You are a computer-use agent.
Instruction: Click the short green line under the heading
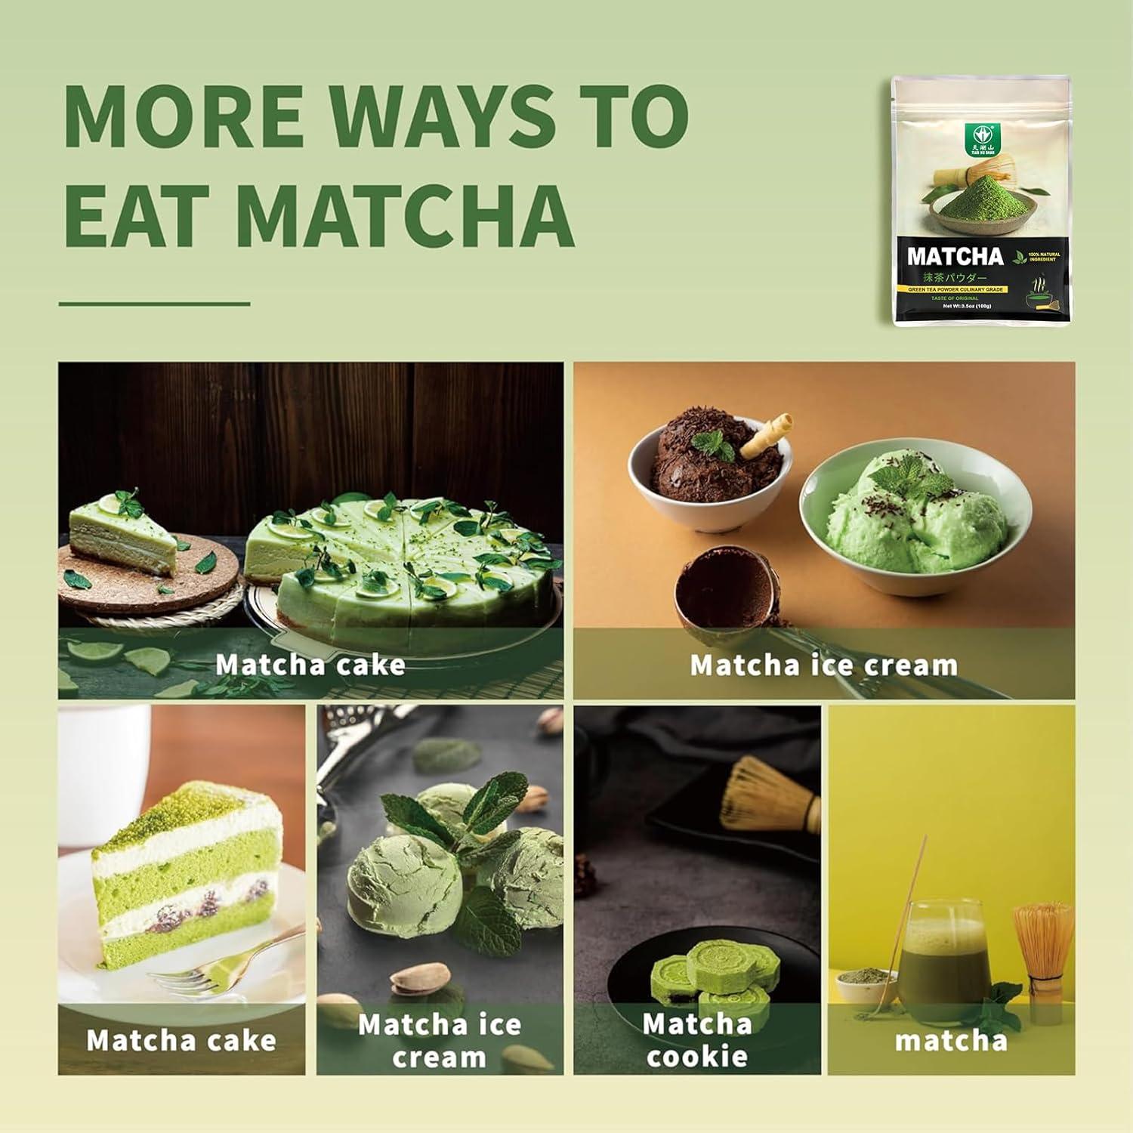tap(154, 304)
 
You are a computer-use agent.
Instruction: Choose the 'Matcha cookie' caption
tap(696, 1040)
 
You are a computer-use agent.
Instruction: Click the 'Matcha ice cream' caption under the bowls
tap(823, 665)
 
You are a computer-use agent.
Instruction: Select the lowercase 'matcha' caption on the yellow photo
tap(951, 1041)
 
